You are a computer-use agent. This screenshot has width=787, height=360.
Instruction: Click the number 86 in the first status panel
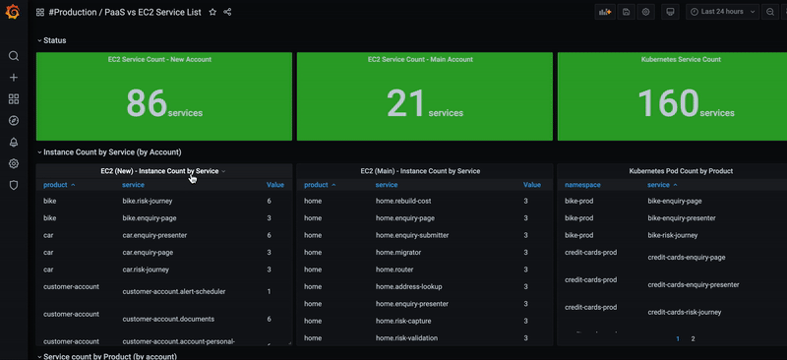(x=147, y=102)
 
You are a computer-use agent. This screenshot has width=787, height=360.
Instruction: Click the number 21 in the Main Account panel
(x=405, y=102)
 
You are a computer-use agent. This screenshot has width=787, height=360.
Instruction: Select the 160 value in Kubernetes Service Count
(x=668, y=102)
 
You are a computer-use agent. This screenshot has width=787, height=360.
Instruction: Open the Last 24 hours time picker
(x=722, y=12)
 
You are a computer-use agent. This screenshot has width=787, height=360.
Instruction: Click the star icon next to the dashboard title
(x=212, y=12)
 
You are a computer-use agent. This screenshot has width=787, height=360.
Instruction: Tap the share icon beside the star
(x=228, y=12)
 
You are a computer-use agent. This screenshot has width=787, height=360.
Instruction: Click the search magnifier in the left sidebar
(x=14, y=56)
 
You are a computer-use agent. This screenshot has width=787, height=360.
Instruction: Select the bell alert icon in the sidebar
(x=14, y=143)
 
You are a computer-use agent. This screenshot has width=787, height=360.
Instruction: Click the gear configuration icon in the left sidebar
(x=14, y=163)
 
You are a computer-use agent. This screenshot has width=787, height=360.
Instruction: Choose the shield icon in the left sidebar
(x=14, y=185)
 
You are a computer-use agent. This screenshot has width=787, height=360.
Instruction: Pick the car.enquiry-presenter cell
(x=154, y=235)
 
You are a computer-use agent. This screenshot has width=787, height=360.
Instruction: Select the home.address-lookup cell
(x=408, y=286)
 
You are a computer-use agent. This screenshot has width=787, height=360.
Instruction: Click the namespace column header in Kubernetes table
(x=584, y=185)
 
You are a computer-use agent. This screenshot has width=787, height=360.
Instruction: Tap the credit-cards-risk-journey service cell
(x=684, y=312)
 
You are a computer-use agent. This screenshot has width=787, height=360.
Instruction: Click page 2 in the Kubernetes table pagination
(x=693, y=338)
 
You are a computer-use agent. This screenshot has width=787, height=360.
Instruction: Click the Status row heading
(x=55, y=40)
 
